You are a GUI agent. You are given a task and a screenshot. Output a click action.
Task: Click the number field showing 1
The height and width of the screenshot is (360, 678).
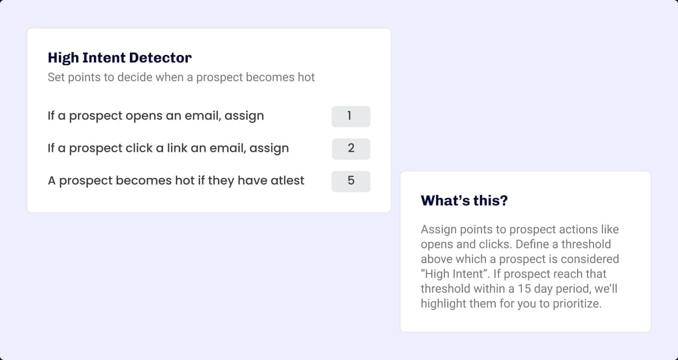(350, 116)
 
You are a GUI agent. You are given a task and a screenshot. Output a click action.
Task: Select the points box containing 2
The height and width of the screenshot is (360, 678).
(350, 148)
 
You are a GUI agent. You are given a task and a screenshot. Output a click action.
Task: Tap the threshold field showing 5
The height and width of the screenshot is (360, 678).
(350, 181)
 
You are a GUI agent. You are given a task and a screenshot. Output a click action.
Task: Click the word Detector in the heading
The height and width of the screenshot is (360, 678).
(160, 58)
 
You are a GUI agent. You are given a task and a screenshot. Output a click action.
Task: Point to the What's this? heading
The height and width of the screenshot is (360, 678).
(464, 201)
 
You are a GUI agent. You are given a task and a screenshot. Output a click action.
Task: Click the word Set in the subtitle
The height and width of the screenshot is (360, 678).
(56, 78)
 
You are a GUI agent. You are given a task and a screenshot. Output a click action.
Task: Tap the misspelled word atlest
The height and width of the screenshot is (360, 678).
(287, 180)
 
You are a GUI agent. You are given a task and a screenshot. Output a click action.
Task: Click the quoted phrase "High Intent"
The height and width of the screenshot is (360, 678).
(451, 274)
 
